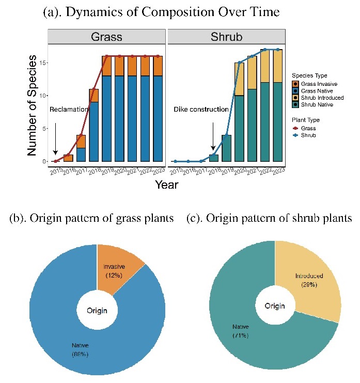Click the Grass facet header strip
click(107, 37)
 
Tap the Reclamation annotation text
click(68, 110)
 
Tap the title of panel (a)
click(161, 11)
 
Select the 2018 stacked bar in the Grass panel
click(94, 125)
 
